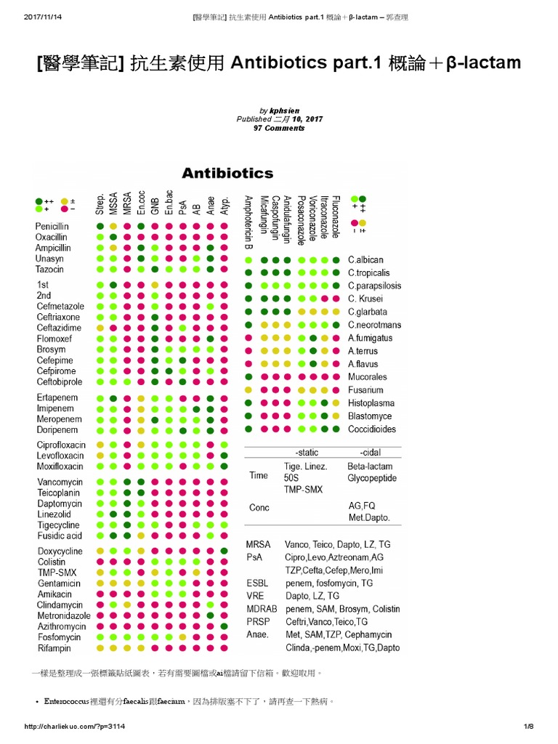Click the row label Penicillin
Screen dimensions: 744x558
point(53,227)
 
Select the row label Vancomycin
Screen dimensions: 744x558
point(60,482)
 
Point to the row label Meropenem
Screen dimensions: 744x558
point(58,419)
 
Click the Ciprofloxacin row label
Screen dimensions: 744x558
point(62,445)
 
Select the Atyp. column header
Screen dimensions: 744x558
point(225,204)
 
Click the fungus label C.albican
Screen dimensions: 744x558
point(365,259)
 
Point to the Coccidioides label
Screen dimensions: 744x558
point(372,429)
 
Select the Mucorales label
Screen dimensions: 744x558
point(367,377)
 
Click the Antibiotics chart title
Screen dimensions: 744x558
point(227,173)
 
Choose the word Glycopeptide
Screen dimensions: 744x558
point(372,478)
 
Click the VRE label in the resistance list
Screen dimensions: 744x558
point(256,596)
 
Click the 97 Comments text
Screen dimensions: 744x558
point(279,128)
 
